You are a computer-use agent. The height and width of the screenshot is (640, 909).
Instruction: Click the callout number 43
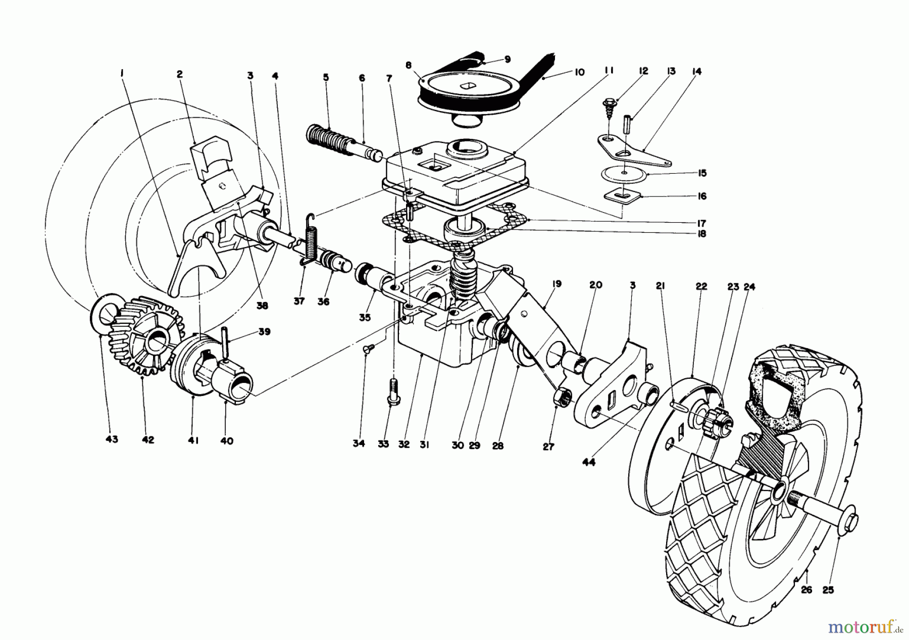pyautogui.click(x=112, y=439)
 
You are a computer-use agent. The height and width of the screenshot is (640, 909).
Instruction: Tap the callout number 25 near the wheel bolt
pyautogui.click(x=828, y=589)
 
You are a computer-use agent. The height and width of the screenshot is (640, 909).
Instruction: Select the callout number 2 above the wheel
pyautogui.click(x=179, y=74)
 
